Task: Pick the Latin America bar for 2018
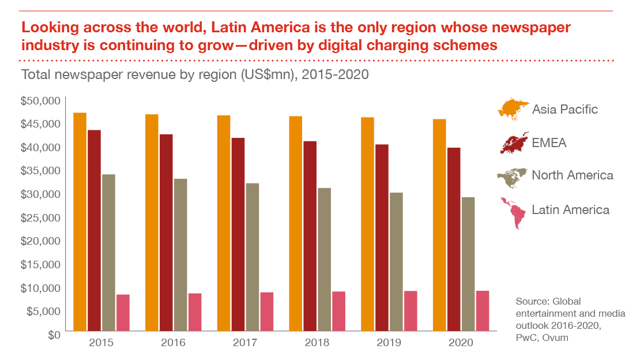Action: tap(338, 312)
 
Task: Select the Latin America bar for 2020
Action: tap(483, 311)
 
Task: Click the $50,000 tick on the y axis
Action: tap(40, 101)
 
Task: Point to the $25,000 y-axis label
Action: tap(40, 217)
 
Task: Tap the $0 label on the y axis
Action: tap(53, 335)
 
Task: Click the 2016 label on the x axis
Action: tap(173, 343)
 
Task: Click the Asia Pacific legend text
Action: tap(564, 109)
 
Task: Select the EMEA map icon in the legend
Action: tap(514, 142)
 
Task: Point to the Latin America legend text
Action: tap(570, 210)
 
